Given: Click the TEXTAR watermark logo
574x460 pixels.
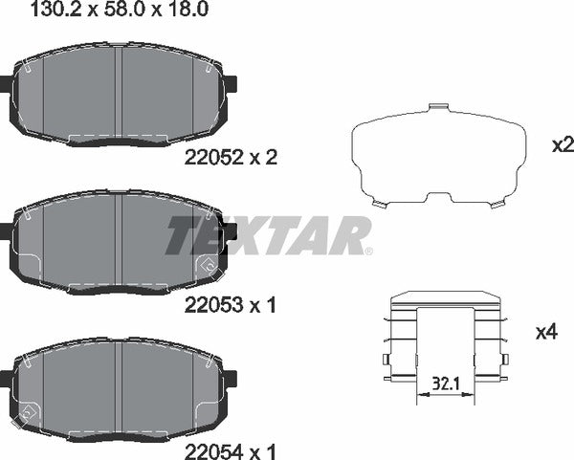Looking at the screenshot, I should click(x=269, y=236).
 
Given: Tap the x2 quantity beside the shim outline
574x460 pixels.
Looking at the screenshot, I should click(x=562, y=145).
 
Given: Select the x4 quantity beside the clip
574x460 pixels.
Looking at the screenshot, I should click(x=546, y=333).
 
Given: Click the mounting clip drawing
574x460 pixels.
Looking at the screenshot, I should click(x=445, y=340).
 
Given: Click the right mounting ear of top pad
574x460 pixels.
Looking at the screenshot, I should click(x=230, y=84).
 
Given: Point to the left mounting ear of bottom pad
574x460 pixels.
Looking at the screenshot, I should click(x=6, y=375).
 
